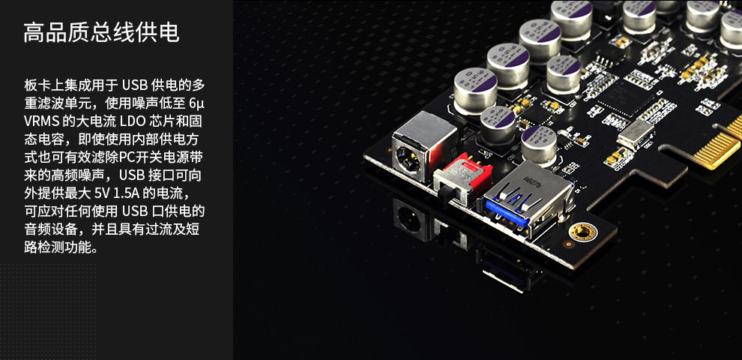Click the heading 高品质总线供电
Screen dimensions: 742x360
pos(101,32)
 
